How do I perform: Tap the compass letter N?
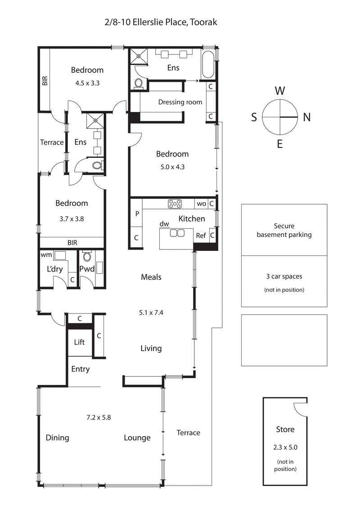click(x=307, y=117)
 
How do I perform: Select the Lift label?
click(x=79, y=342)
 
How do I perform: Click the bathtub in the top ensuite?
click(x=207, y=65)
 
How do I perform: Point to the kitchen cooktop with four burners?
click(x=175, y=204)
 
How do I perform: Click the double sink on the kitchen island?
click(x=177, y=233)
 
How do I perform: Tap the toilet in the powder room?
click(x=87, y=257)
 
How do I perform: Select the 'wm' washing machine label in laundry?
click(x=46, y=255)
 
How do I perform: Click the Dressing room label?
click(x=180, y=102)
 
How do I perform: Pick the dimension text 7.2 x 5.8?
click(x=99, y=417)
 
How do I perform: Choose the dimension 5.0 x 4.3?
click(x=172, y=166)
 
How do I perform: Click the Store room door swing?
click(x=300, y=409)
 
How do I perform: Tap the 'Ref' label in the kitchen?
click(x=201, y=236)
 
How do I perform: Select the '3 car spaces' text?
click(x=284, y=277)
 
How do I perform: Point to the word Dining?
click(x=57, y=438)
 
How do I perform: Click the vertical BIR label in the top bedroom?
click(x=45, y=81)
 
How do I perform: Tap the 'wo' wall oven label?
click(x=201, y=204)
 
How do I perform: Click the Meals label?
click(x=151, y=277)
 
